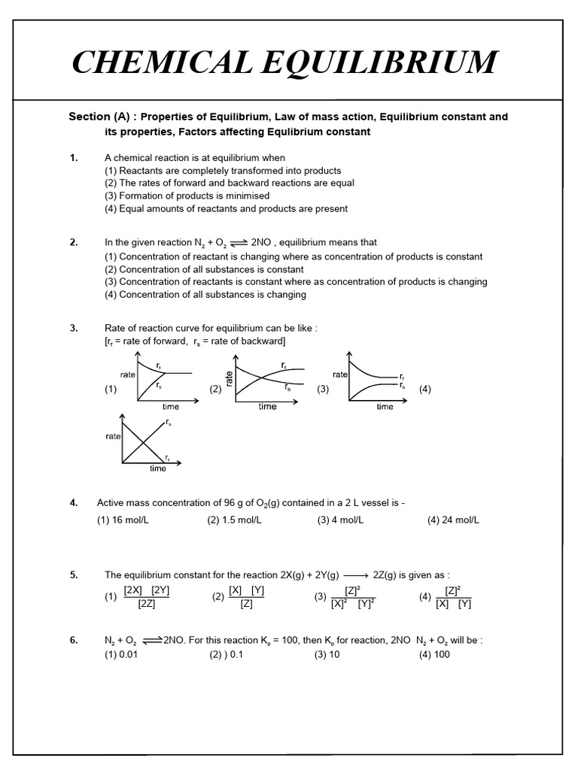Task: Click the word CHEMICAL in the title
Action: tap(160, 62)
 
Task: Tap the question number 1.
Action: tap(73, 158)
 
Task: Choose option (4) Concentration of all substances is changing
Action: tap(205, 294)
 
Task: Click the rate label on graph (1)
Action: tap(127, 374)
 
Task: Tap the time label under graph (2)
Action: tap(267, 407)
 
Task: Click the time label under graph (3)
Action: tap(385, 407)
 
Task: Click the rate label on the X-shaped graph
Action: tap(113, 436)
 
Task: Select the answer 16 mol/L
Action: tap(123, 520)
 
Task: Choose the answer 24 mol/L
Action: tap(453, 520)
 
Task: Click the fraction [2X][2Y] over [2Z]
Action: tap(147, 596)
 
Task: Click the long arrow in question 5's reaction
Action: tap(355, 575)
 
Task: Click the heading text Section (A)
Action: tap(99, 117)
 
